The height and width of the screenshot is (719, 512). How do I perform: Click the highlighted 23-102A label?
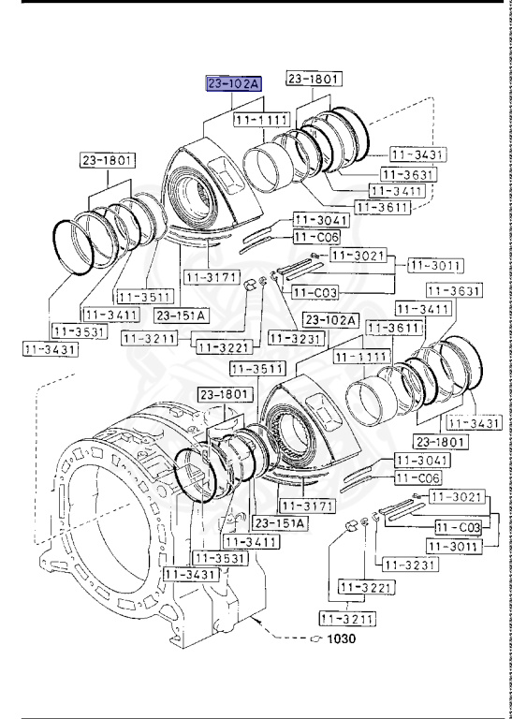coord(234,83)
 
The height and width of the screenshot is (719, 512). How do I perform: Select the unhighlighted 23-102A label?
coord(332,319)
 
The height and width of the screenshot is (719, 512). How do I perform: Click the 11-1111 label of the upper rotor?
coord(261,121)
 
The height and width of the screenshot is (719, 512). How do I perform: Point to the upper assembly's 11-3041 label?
coord(321,220)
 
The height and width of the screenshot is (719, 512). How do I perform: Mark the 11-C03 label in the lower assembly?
coord(459,528)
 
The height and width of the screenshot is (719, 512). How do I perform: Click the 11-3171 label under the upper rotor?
coord(211,277)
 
